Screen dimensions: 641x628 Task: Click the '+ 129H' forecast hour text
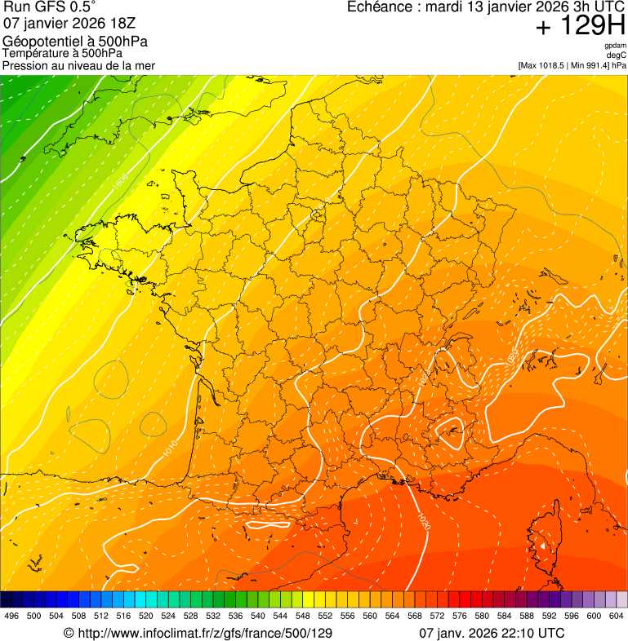(581, 26)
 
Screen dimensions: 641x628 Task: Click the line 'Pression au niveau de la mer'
(78, 65)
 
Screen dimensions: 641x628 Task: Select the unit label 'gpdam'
(616, 46)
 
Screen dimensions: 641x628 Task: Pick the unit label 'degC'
(617, 55)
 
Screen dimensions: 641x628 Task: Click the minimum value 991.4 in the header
(595, 64)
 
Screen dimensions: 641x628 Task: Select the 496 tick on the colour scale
(11, 616)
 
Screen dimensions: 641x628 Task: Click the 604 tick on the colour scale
(616, 616)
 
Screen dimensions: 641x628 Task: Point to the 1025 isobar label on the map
(514, 356)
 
